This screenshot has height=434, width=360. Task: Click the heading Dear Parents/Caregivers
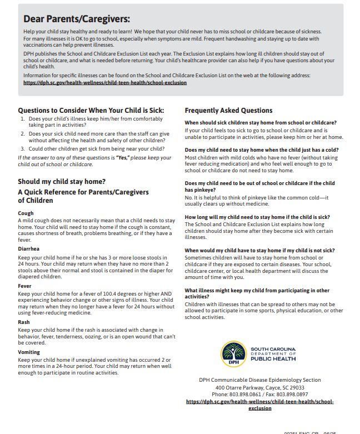click(77, 19)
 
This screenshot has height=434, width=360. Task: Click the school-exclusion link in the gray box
click(105, 82)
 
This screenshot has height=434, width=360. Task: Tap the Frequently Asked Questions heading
click(228, 111)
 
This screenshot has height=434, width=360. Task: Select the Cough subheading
click(26, 213)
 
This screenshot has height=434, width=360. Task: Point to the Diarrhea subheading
click(28, 249)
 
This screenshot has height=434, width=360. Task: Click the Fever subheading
click(25, 286)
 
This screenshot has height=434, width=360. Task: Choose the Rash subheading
click(24, 322)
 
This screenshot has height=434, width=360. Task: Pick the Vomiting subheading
click(29, 352)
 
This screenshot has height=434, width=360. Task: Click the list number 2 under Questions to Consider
click(22, 134)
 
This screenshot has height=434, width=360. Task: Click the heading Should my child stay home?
click(62, 182)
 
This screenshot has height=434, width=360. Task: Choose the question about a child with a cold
click(261, 150)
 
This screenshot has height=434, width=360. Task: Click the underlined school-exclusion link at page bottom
click(259, 405)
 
